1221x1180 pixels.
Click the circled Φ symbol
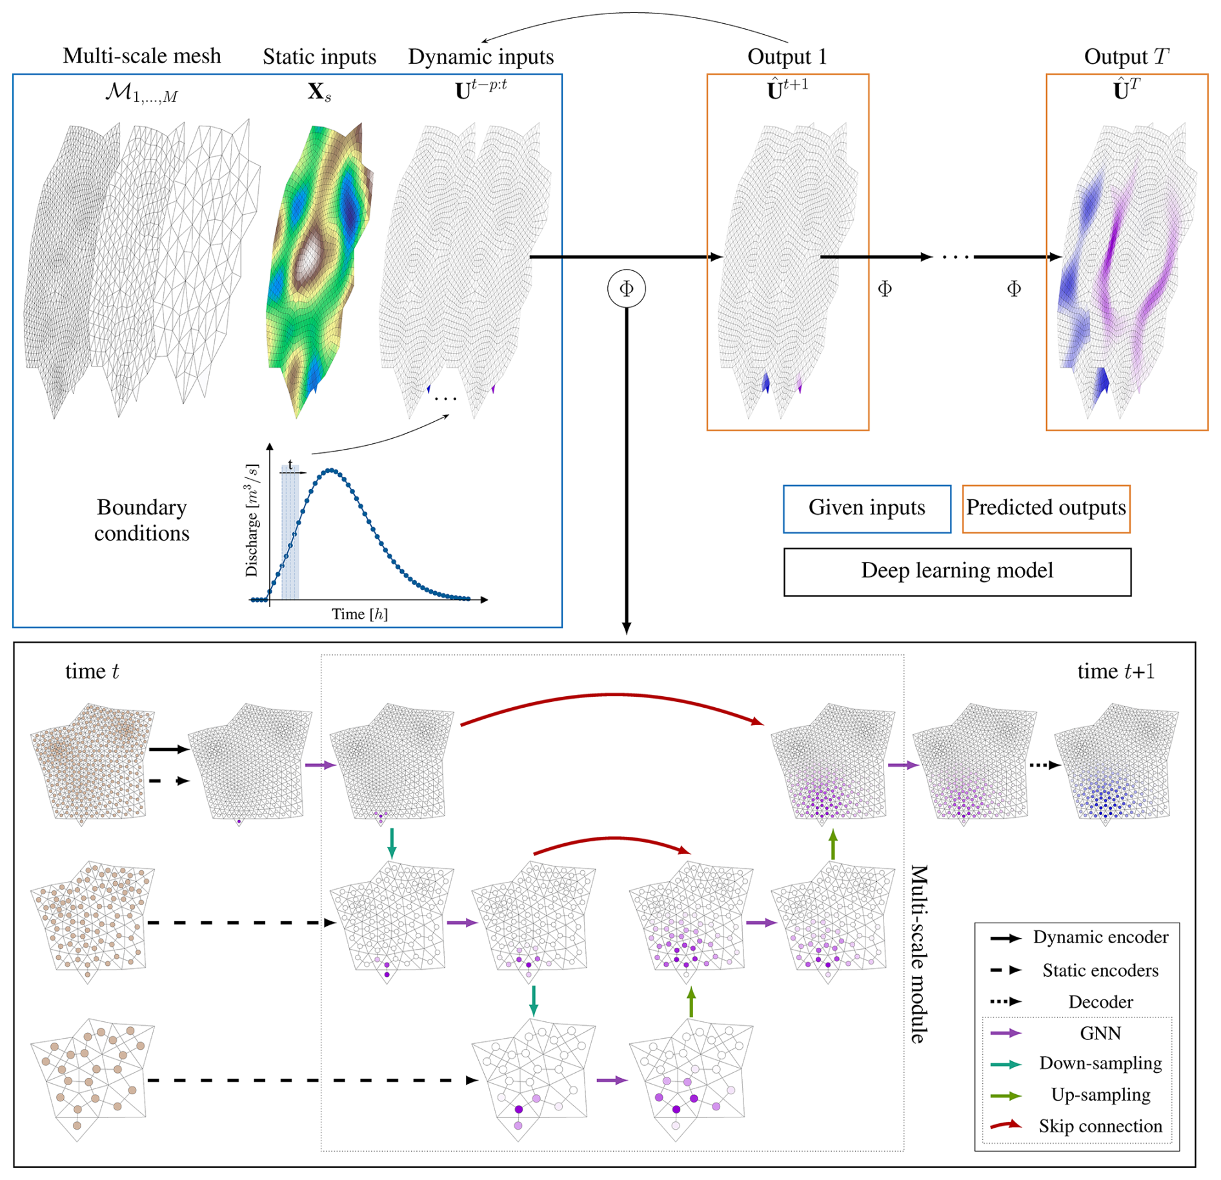click(626, 288)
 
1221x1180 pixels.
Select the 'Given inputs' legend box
click(866, 508)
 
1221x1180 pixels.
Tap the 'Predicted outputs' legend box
click(1045, 508)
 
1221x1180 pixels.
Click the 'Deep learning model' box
click(956, 571)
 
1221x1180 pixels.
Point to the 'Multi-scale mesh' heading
click(141, 56)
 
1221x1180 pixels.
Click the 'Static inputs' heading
click(319, 57)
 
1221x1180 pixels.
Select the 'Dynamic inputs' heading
click(481, 57)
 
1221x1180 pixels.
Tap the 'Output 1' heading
click(787, 57)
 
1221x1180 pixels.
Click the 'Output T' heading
click(1125, 57)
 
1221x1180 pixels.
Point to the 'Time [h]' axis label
click(359, 614)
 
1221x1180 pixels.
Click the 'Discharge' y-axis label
click(252, 519)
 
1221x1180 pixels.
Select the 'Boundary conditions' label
click(141, 520)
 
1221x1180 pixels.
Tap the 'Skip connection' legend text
click(1100, 1126)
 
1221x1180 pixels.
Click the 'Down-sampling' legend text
click(1100, 1063)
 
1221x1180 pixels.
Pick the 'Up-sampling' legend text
click(1100, 1094)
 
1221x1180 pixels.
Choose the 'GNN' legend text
click(1100, 1033)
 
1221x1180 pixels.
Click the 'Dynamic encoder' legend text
click(1100, 937)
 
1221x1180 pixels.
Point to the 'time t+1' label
click(1115, 672)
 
